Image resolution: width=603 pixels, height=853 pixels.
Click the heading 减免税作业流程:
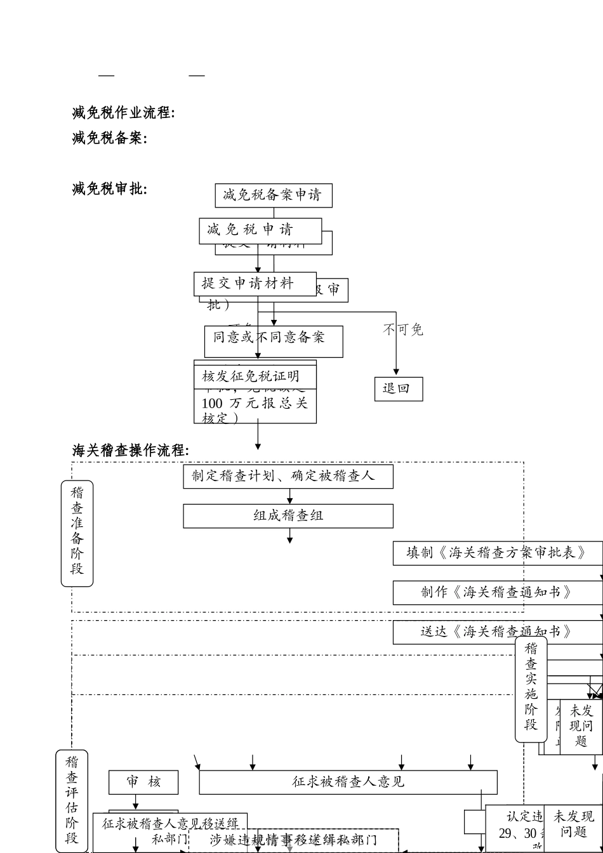click(x=123, y=113)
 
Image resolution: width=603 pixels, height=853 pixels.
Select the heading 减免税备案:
click(x=109, y=138)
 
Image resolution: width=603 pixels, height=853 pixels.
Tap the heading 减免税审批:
click(x=109, y=188)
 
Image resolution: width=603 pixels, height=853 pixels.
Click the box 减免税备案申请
click(x=273, y=195)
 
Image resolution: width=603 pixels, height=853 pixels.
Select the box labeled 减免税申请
click(x=260, y=230)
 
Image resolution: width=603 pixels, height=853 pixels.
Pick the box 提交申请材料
click(x=255, y=284)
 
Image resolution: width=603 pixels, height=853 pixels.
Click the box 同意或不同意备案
click(x=273, y=338)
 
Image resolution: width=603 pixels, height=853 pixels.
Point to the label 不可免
click(x=402, y=330)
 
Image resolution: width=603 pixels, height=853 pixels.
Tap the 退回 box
click(x=398, y=388)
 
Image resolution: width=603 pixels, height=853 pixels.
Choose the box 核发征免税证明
click(x=255, y=376)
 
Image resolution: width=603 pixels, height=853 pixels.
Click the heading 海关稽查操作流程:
click(x=130, y=451)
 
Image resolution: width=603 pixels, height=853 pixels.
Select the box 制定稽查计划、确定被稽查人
click(x=288, y=476)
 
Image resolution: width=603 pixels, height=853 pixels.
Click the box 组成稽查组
click(x=288, y=515)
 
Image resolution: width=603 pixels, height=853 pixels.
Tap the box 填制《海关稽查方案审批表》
click(x=496, y=553)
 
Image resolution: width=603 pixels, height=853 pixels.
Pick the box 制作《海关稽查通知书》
click(x=496, y=592)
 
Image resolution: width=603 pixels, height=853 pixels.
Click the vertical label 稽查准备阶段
click(x=77, y=532)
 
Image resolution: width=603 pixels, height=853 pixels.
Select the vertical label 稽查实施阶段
click(x=531, y=689)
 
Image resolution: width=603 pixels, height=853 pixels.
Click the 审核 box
click(x=143, y=782)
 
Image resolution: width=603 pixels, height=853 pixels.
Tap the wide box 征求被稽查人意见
click(x=348, y=782)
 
